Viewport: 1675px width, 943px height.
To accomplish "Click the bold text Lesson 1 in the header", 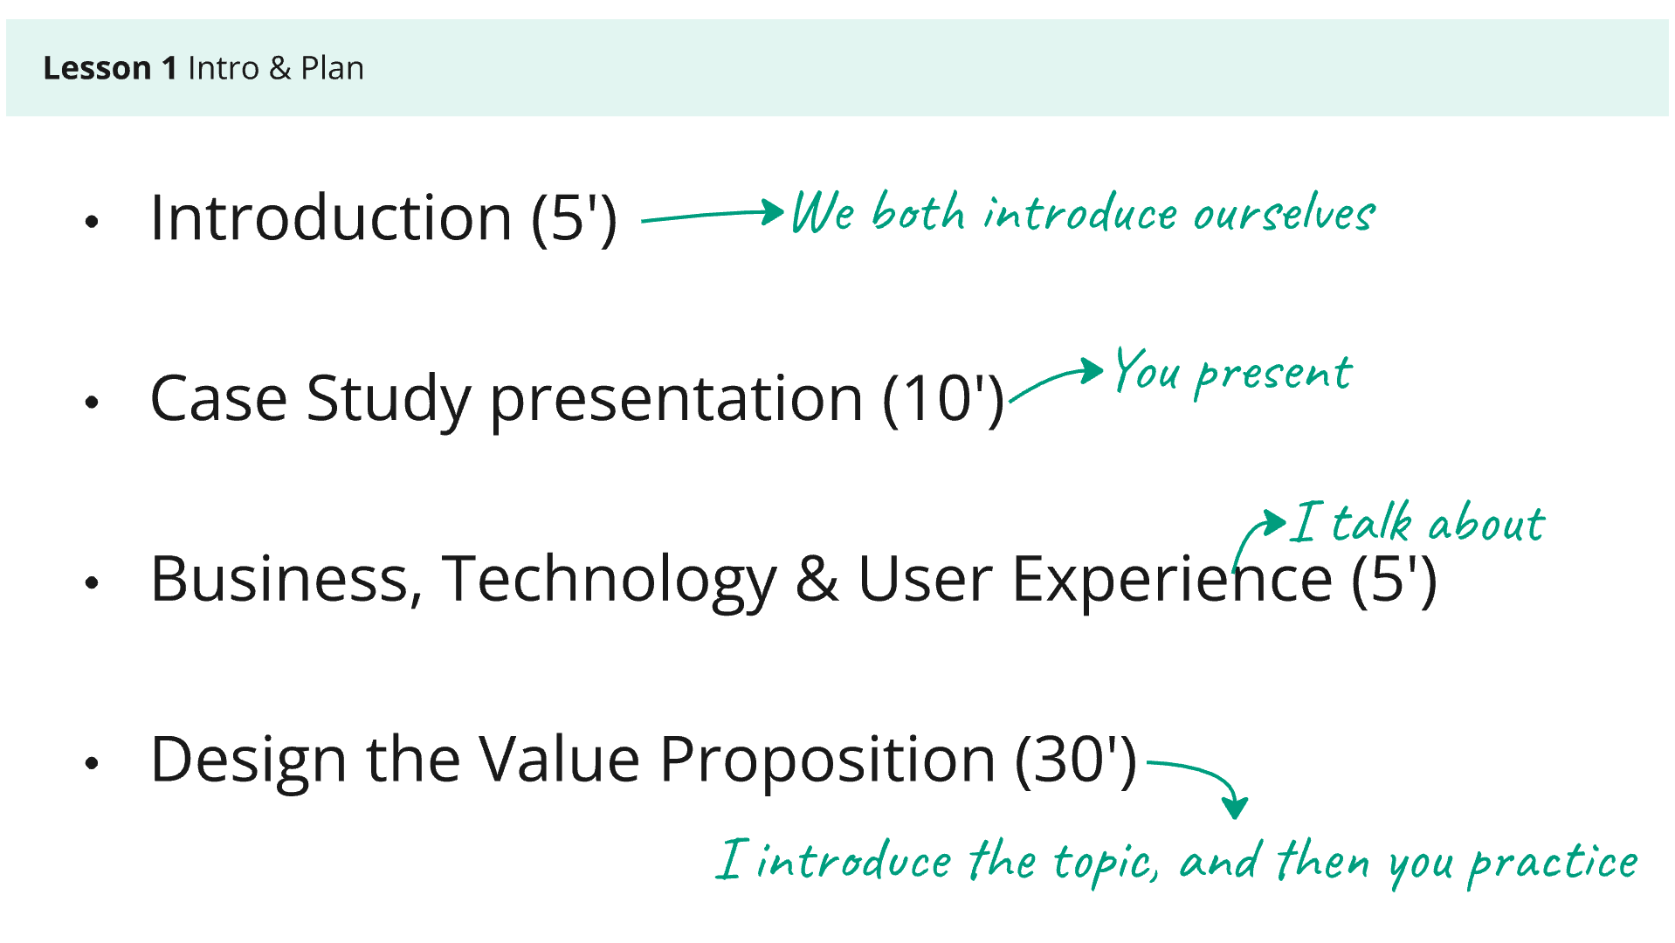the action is pyautogui.click(x=110, y=68).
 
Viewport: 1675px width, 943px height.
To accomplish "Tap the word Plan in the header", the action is pyautogui.click(x=332, y=68).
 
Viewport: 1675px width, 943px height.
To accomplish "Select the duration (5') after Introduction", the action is pyautogui.click(x=574, y=218).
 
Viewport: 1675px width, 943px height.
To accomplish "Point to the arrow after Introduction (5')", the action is pyautogui.click(x=713, y=215).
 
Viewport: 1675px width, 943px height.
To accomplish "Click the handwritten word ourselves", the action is pyautogui.click(x=1284, y=214).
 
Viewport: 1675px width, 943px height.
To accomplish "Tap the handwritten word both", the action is pyautogui.click(x=918, y=212).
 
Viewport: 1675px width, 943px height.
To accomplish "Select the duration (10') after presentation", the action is pyautogui.click(x=943, y=399).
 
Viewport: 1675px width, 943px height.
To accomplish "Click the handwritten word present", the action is pyautogui.click(x=1273, y=375).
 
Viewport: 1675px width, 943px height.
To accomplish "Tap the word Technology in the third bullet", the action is pyautogui.click(x=609, y=580).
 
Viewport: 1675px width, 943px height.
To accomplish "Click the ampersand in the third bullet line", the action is pyautogui.click(x=817, y=579).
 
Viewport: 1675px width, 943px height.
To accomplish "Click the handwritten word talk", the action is pyautogui.click(x=1372, y=522).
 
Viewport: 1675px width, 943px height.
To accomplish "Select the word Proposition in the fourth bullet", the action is pyautogui.click(x=827, y=761).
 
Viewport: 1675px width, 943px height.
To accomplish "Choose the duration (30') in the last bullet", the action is pyautogui.click(x=1076, y=761).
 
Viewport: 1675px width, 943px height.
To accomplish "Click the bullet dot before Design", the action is pyautogui.click(x=92, y=763).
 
